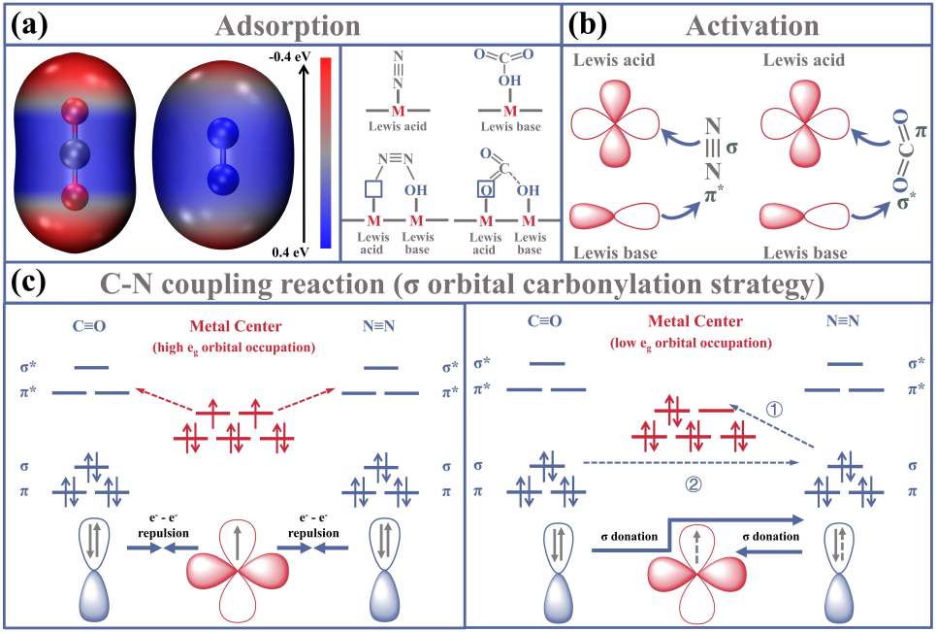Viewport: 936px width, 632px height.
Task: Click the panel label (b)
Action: (589, 23)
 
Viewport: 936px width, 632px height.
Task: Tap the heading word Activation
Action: (754, 24)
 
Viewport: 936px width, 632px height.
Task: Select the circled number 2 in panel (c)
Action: (694, 482)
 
